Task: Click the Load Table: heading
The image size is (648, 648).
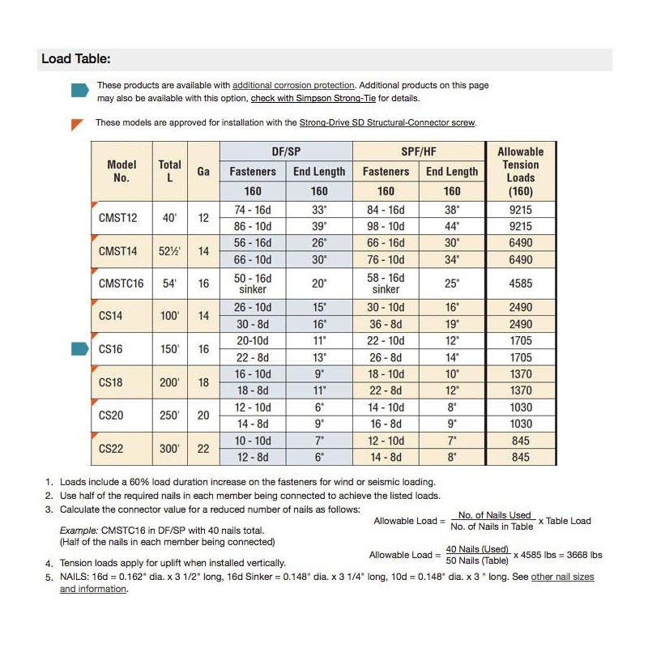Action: coord(75,59)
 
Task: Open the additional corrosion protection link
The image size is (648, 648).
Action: coord(293,85)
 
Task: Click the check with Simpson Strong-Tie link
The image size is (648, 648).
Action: coord(321,98)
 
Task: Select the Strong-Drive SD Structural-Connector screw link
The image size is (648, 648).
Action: coord(387,122)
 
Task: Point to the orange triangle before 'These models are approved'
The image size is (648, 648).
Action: coord(78,124)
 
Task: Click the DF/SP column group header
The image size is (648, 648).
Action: coord(286,151)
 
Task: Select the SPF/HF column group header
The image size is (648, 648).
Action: coord(419,151)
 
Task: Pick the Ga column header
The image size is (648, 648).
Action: coord(203,172)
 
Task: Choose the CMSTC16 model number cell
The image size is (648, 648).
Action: coord(122,283)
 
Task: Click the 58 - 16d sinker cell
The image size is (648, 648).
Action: coord(386,283)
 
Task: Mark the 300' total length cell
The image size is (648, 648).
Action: coord(169,448)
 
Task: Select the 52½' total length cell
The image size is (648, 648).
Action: coord(169,251)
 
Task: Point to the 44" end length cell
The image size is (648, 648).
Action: coord(452,226)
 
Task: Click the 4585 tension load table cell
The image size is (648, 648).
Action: coord(521,283)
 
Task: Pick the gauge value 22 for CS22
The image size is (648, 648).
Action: coord(203,448)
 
